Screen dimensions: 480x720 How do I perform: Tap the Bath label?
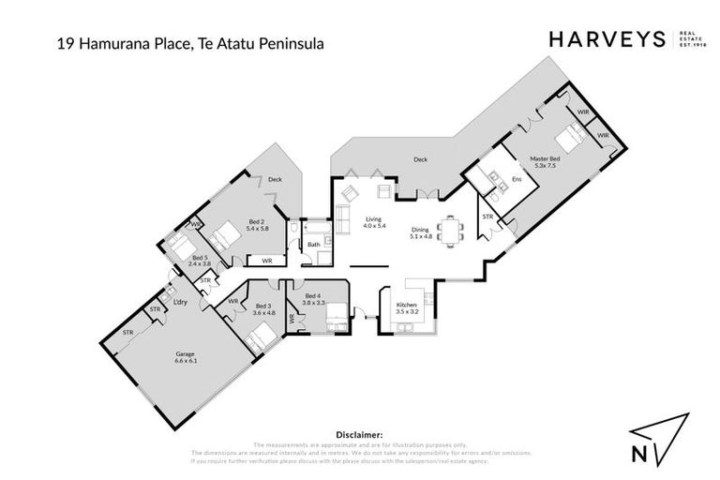coord(313,246)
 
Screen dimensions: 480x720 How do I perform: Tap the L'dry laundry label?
coord(182,302)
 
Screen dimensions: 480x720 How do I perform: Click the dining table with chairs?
coord(454,230)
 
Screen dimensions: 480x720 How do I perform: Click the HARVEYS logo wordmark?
coord(606,38)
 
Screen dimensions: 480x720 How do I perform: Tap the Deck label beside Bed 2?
coord(275,179)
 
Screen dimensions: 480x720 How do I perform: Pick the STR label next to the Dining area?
coord(487,217)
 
